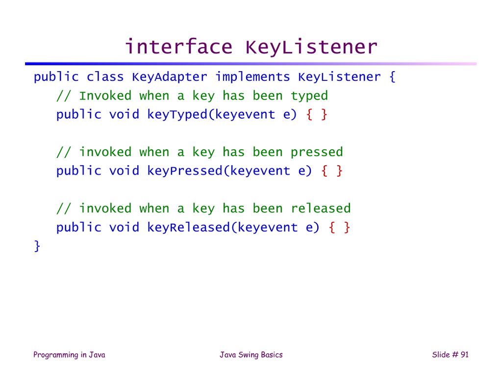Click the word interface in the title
(x=178, y=47)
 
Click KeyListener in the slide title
(x=311, y=47)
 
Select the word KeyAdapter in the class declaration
(x=169, y=77)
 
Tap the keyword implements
(x=252, y=77)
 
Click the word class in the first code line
(x=105, y=77)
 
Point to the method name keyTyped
(x=177, y=115)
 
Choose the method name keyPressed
(x=185, y=171)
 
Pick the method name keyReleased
(x=189, y=228)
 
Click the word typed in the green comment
(x=309, y=96)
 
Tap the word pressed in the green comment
(x=317, y=153)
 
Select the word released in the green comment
(x=321, y=208)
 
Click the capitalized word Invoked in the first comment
(x=105, y=96)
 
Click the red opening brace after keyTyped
(x=309, y=115)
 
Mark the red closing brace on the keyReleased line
(x=347, y=228)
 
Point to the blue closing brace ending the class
(x=37, y=246)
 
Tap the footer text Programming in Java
(x=69, y=355)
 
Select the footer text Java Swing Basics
(x=251, y=355)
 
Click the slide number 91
(x=465, y=354)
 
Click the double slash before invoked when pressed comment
(x=63, y=153)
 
